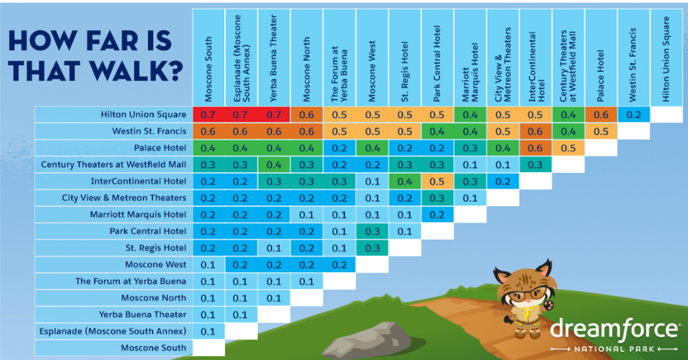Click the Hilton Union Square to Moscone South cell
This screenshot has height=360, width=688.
(208, 114)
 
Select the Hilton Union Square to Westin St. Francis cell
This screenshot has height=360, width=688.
(634, 114)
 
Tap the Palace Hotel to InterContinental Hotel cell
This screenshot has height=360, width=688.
(536, 148)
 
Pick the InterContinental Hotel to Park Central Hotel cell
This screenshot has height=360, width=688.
(437, 181)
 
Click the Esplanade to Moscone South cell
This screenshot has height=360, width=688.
(208, 331)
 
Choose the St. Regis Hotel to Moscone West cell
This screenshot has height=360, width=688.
(372, 248)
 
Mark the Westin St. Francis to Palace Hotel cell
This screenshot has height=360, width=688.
(601, 131)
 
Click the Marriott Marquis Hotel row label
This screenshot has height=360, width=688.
(138, 215)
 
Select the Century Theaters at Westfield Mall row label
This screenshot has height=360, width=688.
(114, 165)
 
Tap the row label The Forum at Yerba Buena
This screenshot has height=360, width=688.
(130, 282)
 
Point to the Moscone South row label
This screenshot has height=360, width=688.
(154, 348)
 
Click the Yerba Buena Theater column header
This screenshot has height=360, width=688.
(273, 58)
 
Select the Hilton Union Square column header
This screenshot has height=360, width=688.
(666, 59)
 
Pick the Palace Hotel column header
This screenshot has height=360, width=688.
(601, 76)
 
